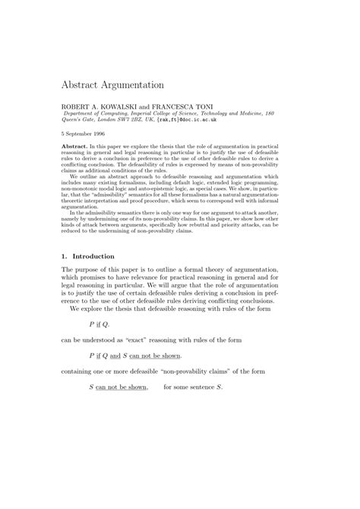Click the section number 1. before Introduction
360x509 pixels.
point(65,257)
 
